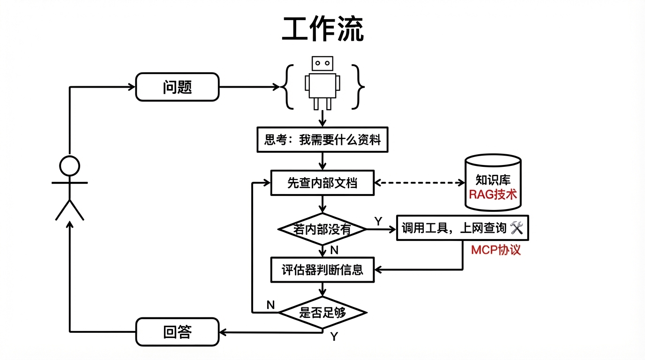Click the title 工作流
pyautogui.click(x=322, y=30)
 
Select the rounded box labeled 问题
pyautogui.click(x=177, y=87)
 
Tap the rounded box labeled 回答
pyautogui.click(x=177, y=332)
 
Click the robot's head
pyautogui.click(x=322, y=63)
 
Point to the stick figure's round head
pyautogui.click(x=69, y=166)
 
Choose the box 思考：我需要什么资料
pyautogui.click(x=322, y=140)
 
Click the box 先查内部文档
pyautogui.click(x=322, y=183)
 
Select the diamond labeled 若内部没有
pyautogui.click(x=322, y=229)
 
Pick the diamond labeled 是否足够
pyautogui.click(x=322, y=312)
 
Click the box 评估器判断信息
pyautogui.click(x=322, y=270)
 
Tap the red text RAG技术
pyautogui.click(x=493, y=195)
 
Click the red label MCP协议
pyautogui.click(x=496, y=250)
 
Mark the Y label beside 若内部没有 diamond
pyautogui.click(x=378, y=220)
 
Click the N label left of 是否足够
pyautogui.click(x=270, y=305)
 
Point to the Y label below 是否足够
pyautogui.click(x=334, y=337)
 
